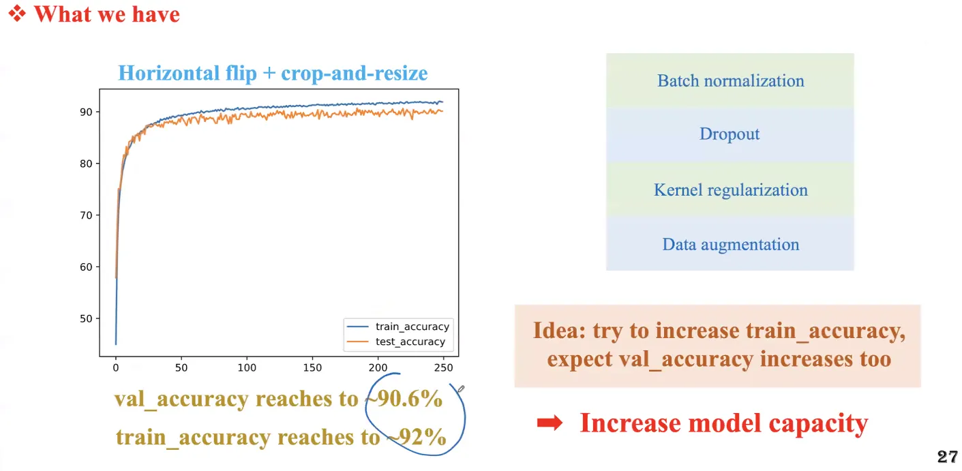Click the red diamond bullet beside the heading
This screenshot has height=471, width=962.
(17, 14)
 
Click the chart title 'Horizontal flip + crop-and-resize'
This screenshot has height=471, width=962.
(273, 73)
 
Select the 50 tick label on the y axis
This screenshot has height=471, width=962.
(86, 318)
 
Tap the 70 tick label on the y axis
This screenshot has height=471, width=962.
(86, 215)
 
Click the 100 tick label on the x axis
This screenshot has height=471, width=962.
(247, 367)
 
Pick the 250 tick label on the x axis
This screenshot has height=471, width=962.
(444, 367)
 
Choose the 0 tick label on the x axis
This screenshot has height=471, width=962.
(115, 367)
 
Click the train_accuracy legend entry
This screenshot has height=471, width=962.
(398, 326)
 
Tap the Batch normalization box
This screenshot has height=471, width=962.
(730, 80)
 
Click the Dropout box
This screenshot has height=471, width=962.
(730, 135)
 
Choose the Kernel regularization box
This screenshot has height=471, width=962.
(730, 189)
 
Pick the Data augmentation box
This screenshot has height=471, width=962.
(730, 243)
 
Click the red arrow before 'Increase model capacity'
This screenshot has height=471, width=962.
(550, 423)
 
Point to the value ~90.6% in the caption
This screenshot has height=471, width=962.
(405, 399)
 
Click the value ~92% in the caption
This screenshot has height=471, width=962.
(417, 437)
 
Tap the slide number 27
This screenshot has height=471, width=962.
(948, 457)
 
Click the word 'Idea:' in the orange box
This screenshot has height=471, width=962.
(559, 331)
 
